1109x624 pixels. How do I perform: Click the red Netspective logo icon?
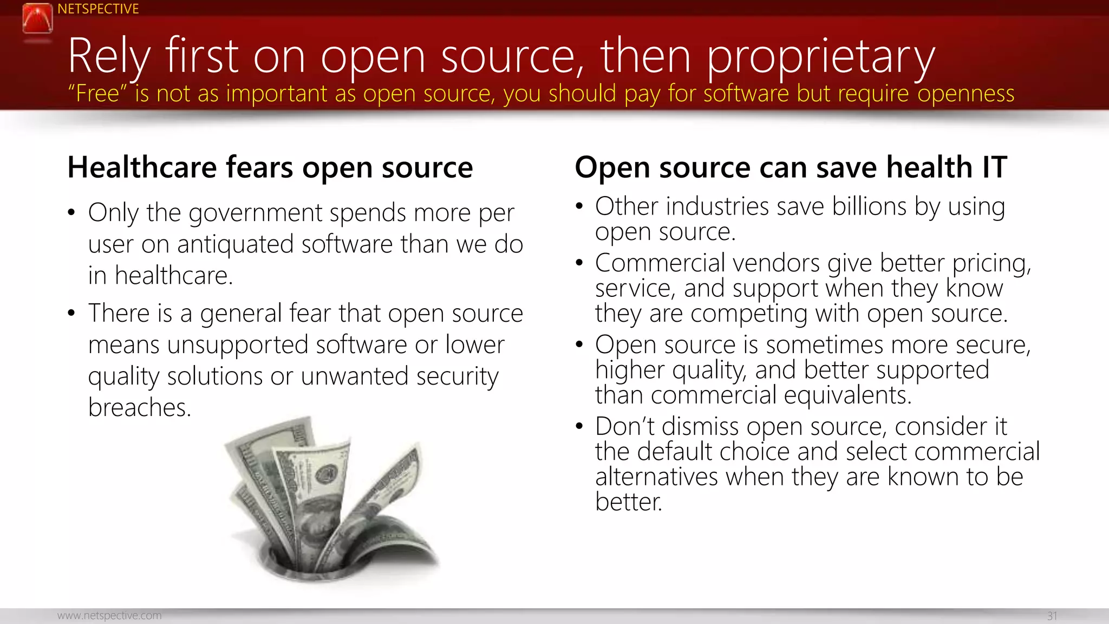37,18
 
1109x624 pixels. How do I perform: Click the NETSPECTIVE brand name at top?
98,9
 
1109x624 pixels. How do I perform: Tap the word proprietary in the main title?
821,57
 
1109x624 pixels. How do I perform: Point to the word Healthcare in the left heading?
142,167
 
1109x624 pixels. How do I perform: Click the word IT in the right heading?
994,167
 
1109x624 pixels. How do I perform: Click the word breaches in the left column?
139,407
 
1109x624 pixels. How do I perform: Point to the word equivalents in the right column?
847,395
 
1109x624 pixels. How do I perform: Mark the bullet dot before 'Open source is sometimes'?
579,344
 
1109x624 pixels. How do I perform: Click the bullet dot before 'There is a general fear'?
71,313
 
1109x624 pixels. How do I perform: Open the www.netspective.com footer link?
109,615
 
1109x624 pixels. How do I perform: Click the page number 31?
1052,616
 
